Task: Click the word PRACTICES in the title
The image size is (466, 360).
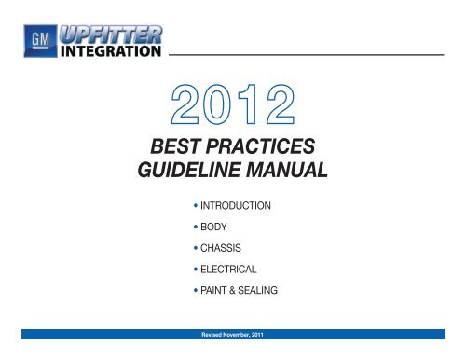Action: pyautogui.click(x=268, y=148)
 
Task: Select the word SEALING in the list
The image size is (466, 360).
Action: pyautogui.click(x=254, y=290)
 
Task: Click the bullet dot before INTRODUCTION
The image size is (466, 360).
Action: pyautogui.click(x=187, y=203)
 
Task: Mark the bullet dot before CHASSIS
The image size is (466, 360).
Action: pyautogui.click(x=187, y=247)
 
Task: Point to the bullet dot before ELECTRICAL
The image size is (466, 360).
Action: pyautogui.click(x=187, y=269)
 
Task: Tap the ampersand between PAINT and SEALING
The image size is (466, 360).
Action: pyautogui.click(x=227, y=290)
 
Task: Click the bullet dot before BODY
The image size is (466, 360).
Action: pyautogui.click(x=187, y=225)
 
